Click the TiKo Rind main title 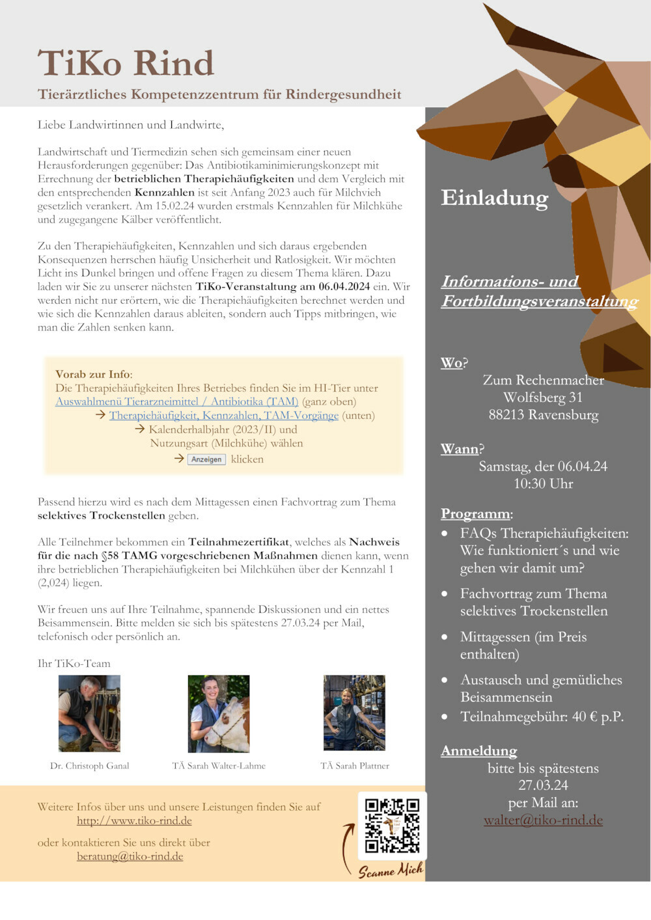[126, 64]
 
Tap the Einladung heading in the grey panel [494, 198]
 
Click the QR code [392, 826]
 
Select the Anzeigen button [206, 459]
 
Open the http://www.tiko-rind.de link [134, 820]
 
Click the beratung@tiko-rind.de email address [130, 856]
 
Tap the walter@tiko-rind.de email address [543, 820]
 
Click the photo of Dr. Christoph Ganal [89, 713]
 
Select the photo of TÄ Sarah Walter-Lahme [219, 713]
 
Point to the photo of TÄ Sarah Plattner [354, 712]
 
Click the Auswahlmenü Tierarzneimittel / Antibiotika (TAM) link [176, 401]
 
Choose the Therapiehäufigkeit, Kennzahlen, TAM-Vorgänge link [224, 415]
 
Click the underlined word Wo [452, 363]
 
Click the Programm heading [476, 514]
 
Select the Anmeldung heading [479, 751]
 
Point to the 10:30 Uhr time [543, 483]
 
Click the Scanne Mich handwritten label [391, 871]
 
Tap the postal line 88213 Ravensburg [543, 415]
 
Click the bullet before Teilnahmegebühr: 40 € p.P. [445, 717]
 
